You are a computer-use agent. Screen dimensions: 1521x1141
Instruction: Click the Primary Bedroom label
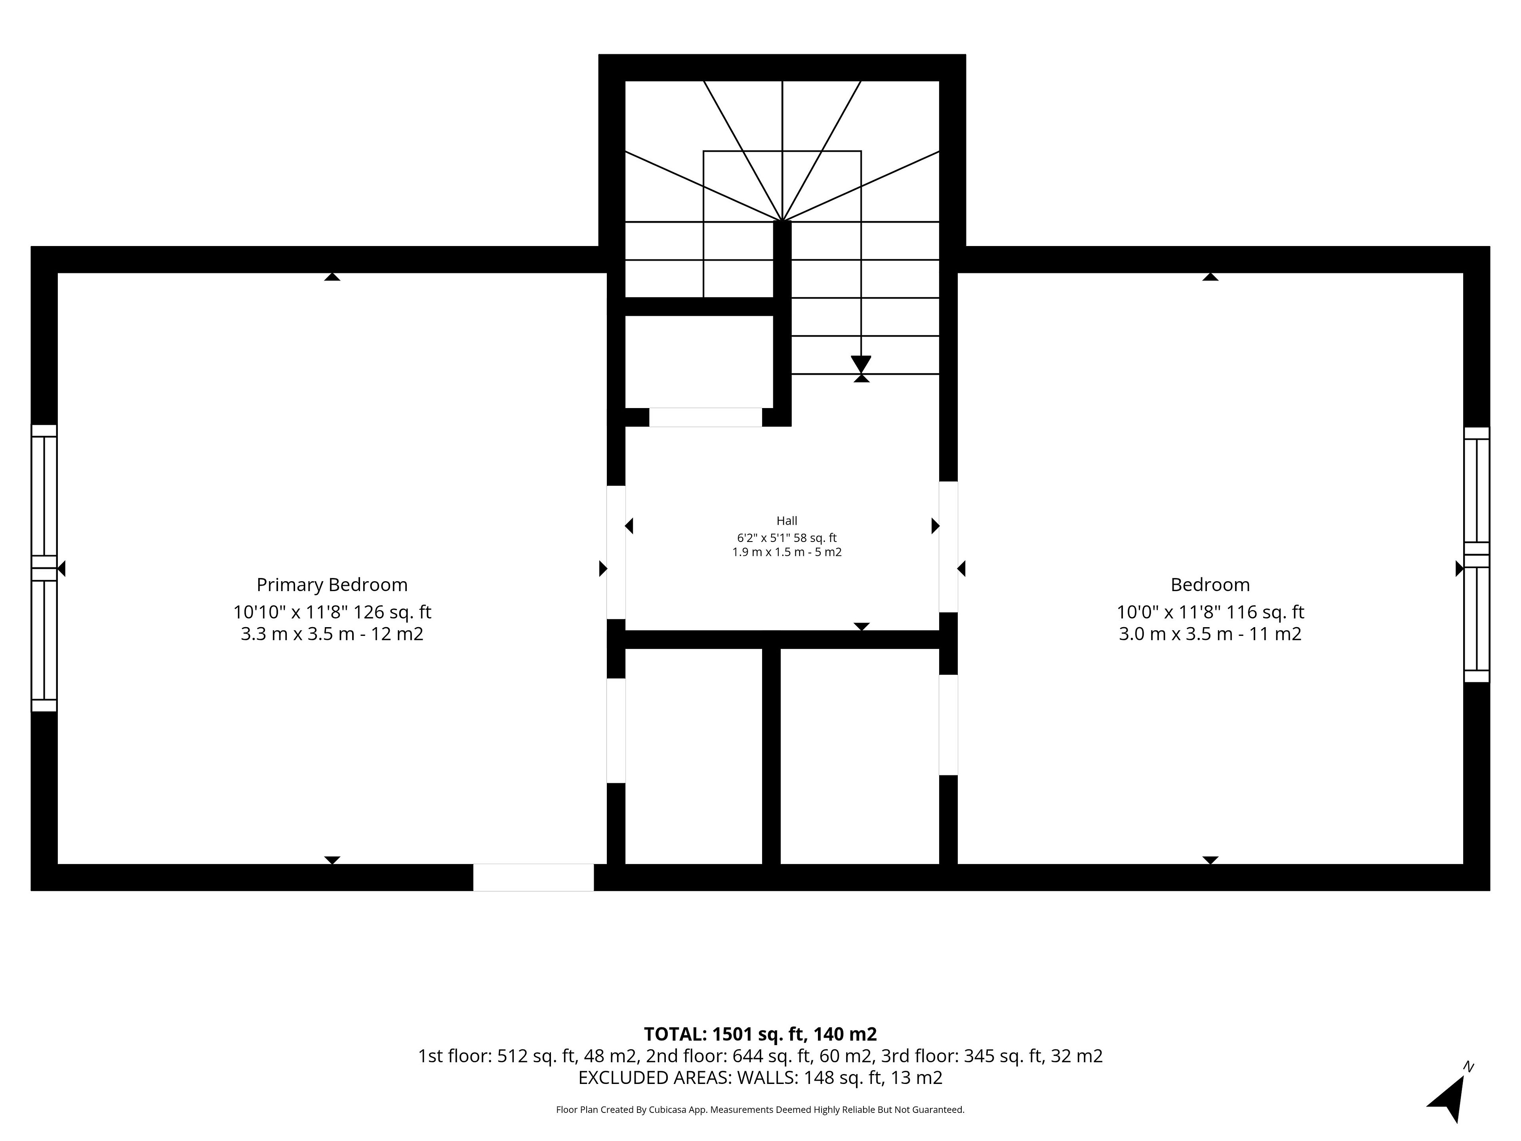tap(332, 585)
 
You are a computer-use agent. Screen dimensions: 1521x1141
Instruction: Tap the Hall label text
tap(787, 521)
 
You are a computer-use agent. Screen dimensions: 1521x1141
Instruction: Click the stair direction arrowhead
tap(861, 364)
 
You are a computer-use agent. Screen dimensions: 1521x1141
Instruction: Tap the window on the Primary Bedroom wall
tap(44, 568)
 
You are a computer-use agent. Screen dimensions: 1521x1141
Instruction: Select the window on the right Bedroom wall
tap(1476, 554)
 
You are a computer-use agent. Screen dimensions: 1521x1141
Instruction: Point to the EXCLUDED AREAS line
tap(760, 1078)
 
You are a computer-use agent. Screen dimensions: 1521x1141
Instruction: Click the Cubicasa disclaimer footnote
tap(760, 1109)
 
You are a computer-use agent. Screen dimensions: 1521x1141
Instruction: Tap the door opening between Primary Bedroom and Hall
tap(616, 552)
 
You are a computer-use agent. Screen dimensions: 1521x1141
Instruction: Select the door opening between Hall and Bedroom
tap(948, 547)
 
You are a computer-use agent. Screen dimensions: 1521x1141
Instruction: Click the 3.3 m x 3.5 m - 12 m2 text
tap(332, 633)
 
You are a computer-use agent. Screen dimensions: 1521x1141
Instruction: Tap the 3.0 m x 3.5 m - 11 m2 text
tap(1210, 633)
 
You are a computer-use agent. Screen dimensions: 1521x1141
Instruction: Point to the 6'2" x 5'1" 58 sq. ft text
tap(787, 538)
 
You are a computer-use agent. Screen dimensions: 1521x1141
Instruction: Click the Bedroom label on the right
tap(1210, 585)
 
